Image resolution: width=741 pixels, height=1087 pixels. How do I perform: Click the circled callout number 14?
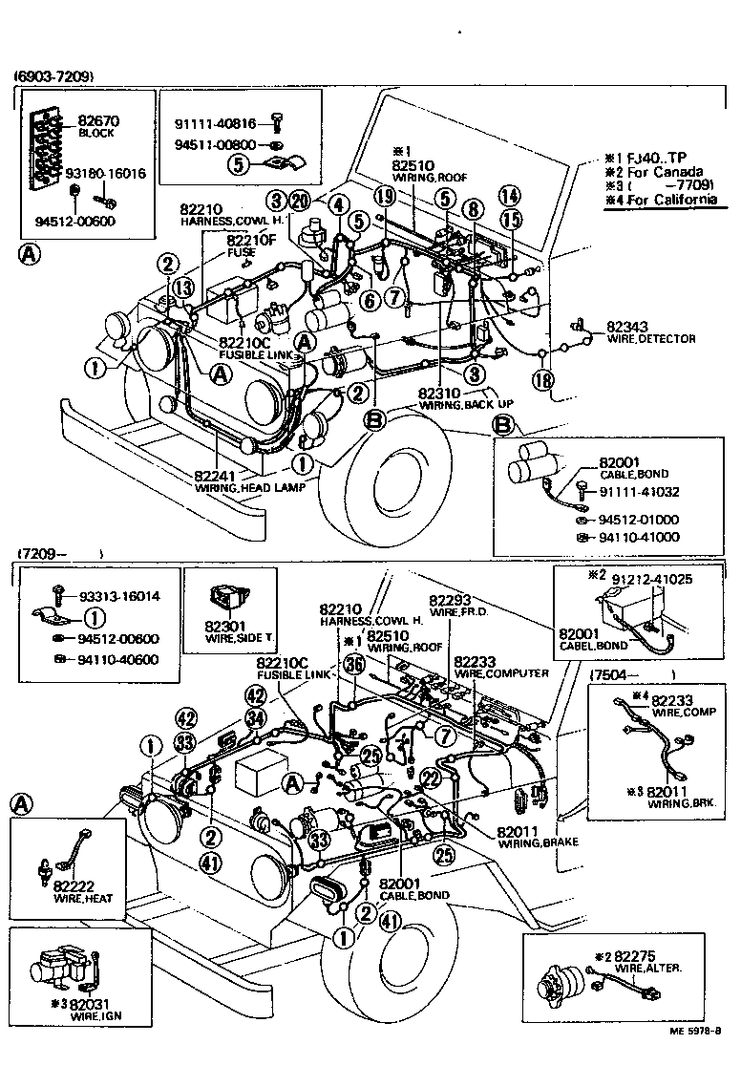tap(510, 197)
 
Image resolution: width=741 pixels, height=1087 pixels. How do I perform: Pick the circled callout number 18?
tap(543, 380)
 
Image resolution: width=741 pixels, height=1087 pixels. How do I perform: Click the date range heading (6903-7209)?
tap(53, 76)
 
